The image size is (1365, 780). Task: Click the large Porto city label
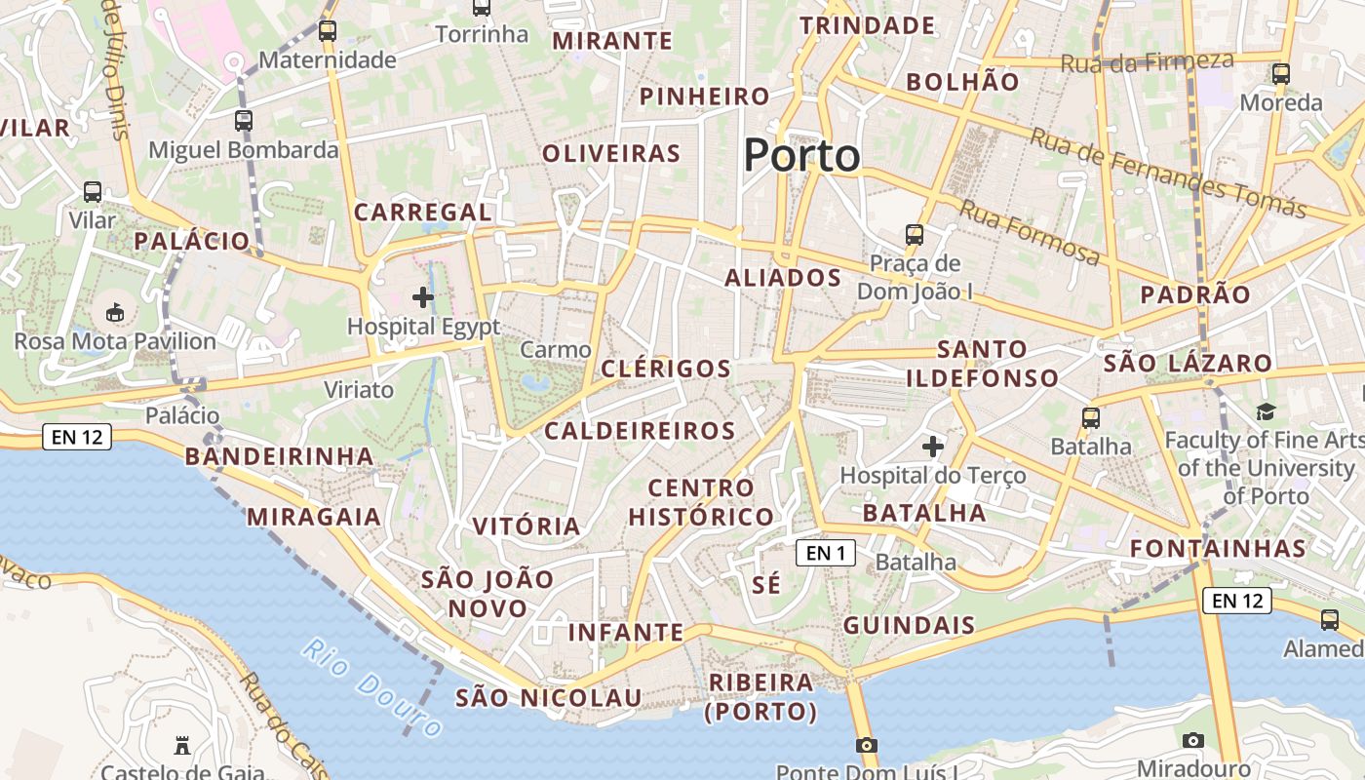click(802, 156)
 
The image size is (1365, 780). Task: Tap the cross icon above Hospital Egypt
click(423, 297)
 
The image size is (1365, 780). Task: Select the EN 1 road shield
click(826, 554)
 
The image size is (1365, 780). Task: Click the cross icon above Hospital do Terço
click(933, 447)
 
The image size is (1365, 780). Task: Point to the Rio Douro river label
click(371, 687)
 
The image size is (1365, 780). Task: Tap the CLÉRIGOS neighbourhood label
click(666, 369)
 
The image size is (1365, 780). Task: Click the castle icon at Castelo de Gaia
click(180, 746)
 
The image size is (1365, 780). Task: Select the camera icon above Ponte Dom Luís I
click(866, 746)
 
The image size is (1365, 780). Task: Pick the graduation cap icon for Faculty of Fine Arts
click(1266, 412)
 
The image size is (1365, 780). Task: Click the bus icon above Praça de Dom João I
click(914, 235)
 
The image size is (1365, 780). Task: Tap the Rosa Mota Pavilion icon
click(115, 313)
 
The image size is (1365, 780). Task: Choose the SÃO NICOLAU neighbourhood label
click(549, 698)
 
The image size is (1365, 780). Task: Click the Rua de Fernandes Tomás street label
click(1167, 173)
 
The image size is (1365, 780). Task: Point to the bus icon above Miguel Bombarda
click(244, 121)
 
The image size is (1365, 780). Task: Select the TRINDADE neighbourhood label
click(867, 25)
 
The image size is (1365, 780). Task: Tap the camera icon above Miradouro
click(1192, 741)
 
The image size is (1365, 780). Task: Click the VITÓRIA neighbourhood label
click(526, 526)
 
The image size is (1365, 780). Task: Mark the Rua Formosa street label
click(1030, 232)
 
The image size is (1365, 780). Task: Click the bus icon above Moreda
click(1281, 74)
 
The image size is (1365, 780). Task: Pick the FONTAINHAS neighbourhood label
click(1218, 549)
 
